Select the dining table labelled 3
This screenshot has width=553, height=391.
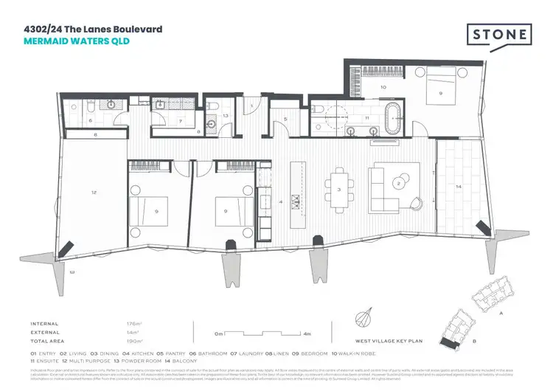pos(338,190)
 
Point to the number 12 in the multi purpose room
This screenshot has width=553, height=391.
pos(94,192)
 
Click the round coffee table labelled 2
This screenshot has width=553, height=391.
pos(399,184)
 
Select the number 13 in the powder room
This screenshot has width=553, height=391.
pos(226,116)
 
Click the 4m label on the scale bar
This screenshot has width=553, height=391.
pos(306,334)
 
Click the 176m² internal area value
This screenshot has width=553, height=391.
pos(133,324)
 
